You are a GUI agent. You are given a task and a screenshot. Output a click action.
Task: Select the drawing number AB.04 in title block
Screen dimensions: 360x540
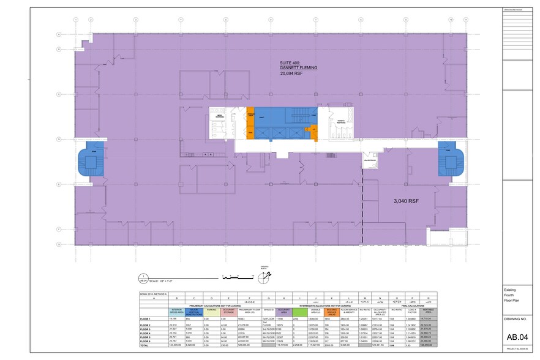pos(516,336)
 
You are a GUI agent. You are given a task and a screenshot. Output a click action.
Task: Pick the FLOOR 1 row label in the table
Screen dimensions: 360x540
pos(145,319)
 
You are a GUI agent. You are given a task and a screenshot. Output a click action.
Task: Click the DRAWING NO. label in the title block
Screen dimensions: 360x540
pos(515,319)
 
